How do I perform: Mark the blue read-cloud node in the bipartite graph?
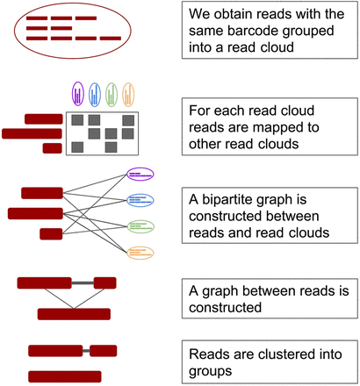pos(140,199)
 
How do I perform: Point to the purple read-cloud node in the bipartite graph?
pos(140,174)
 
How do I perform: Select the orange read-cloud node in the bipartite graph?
pos(140,253)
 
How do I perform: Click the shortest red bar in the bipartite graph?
pos(51,233)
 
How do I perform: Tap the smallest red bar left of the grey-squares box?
pos(53,148)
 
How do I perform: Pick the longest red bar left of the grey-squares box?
pos(32,133)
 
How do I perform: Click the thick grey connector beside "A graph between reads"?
pos(83,283)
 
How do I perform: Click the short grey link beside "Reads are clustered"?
pos(87,351)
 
